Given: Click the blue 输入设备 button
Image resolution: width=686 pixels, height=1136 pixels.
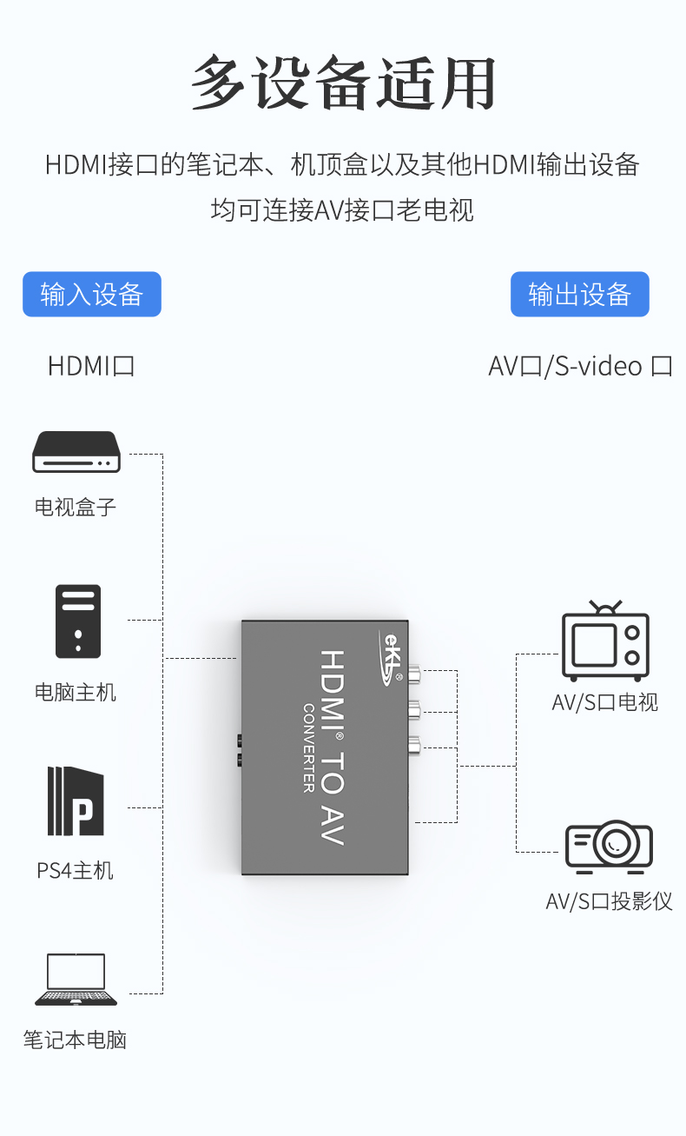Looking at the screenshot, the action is point(92,294).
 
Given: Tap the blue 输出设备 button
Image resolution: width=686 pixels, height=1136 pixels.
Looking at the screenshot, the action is point(579,294).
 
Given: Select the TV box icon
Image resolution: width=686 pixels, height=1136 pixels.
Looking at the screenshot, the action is point(76,452).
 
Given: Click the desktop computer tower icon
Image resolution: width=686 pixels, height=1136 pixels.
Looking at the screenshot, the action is point(78,621).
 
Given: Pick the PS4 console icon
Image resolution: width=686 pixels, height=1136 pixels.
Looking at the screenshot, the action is point(76,801).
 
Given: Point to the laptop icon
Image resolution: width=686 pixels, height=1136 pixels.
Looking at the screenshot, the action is point(76,980).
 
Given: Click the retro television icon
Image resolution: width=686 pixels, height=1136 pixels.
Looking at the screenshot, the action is point(605,641).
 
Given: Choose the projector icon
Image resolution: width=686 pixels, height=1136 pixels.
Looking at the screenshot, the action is point(609,847).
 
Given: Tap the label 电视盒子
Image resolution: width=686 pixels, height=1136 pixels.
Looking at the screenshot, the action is point(76,507).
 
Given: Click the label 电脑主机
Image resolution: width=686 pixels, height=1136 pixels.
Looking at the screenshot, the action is point(76,692).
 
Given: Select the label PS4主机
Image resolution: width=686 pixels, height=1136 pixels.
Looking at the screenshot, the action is point(75,871).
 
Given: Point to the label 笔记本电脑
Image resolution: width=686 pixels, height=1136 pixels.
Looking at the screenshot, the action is point(75,1040).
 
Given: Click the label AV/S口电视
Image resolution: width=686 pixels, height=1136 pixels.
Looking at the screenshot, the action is point(605,702).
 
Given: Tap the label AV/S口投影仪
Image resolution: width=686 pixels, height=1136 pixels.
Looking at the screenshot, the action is point(609,901).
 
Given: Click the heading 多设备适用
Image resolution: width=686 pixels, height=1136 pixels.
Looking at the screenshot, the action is point(343,83).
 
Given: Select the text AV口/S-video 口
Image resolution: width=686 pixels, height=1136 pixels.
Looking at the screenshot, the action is point(581,366).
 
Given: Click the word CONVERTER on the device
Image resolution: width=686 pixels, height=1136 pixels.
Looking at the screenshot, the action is point(309,748).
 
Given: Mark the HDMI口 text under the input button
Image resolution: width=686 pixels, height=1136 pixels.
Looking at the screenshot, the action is point(91,366).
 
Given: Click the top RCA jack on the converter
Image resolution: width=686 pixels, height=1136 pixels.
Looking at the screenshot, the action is point(414,674).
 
